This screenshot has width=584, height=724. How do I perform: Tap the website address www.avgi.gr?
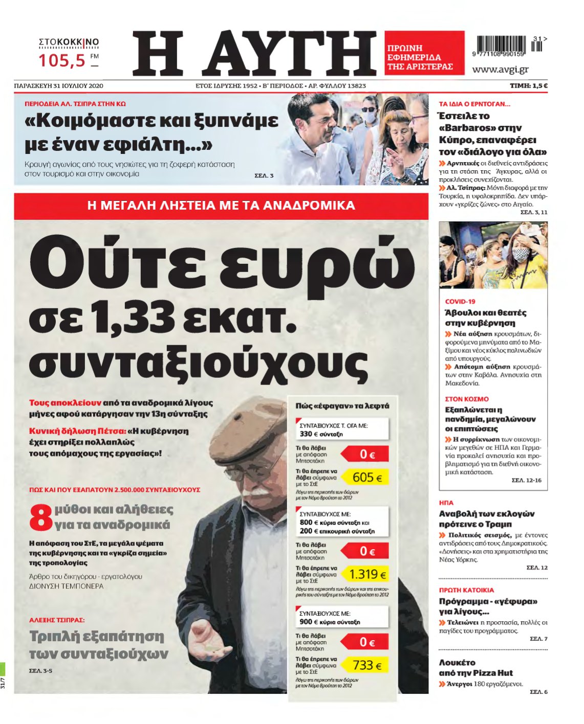[500, 70]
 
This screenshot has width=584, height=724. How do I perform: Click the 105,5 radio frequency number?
[62, 61]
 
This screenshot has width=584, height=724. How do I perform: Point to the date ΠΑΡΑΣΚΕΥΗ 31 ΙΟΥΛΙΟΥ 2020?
[58, 86]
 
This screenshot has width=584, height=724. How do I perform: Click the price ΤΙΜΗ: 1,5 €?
[528, 86]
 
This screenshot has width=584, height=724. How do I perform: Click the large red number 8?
[41, 517]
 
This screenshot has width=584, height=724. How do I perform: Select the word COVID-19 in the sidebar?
[460, 302]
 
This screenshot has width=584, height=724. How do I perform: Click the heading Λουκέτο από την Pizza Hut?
[475, 668]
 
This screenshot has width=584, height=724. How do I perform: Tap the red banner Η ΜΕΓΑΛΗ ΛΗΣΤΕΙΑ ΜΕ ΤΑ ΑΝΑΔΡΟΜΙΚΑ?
[221, 206]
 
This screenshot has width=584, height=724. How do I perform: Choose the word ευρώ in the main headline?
[313, 261]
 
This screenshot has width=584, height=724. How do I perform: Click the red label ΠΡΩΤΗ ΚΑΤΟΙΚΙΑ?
[466, 590]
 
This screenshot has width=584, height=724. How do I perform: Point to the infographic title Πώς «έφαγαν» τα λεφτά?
[342, 406]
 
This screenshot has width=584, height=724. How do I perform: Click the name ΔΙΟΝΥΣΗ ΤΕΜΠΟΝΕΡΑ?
[67, 586]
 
